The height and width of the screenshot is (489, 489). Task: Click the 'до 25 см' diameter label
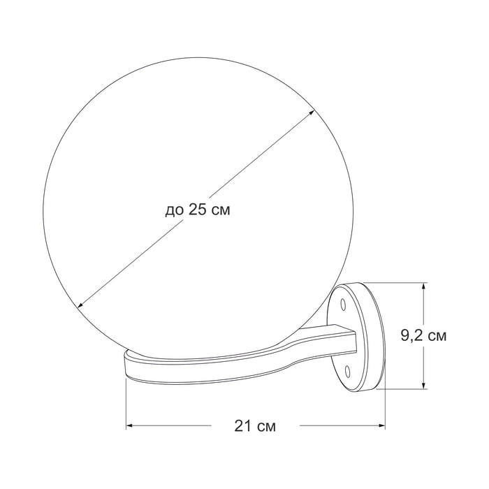click(198, 210)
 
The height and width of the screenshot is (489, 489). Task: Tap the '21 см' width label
click(255, 425)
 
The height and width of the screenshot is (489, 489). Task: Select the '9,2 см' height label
click(423, 335)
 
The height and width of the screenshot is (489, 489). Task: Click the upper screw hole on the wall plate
click(344, 304)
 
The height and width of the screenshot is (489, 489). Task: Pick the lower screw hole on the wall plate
click(347, 371)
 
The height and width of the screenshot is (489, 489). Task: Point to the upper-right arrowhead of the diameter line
click(311, 112)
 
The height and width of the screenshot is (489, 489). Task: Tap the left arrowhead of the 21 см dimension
click(130, 425)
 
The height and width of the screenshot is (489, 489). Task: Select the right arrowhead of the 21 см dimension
click(381, 425)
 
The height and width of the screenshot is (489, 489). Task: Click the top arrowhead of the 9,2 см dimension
click(423, 287)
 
